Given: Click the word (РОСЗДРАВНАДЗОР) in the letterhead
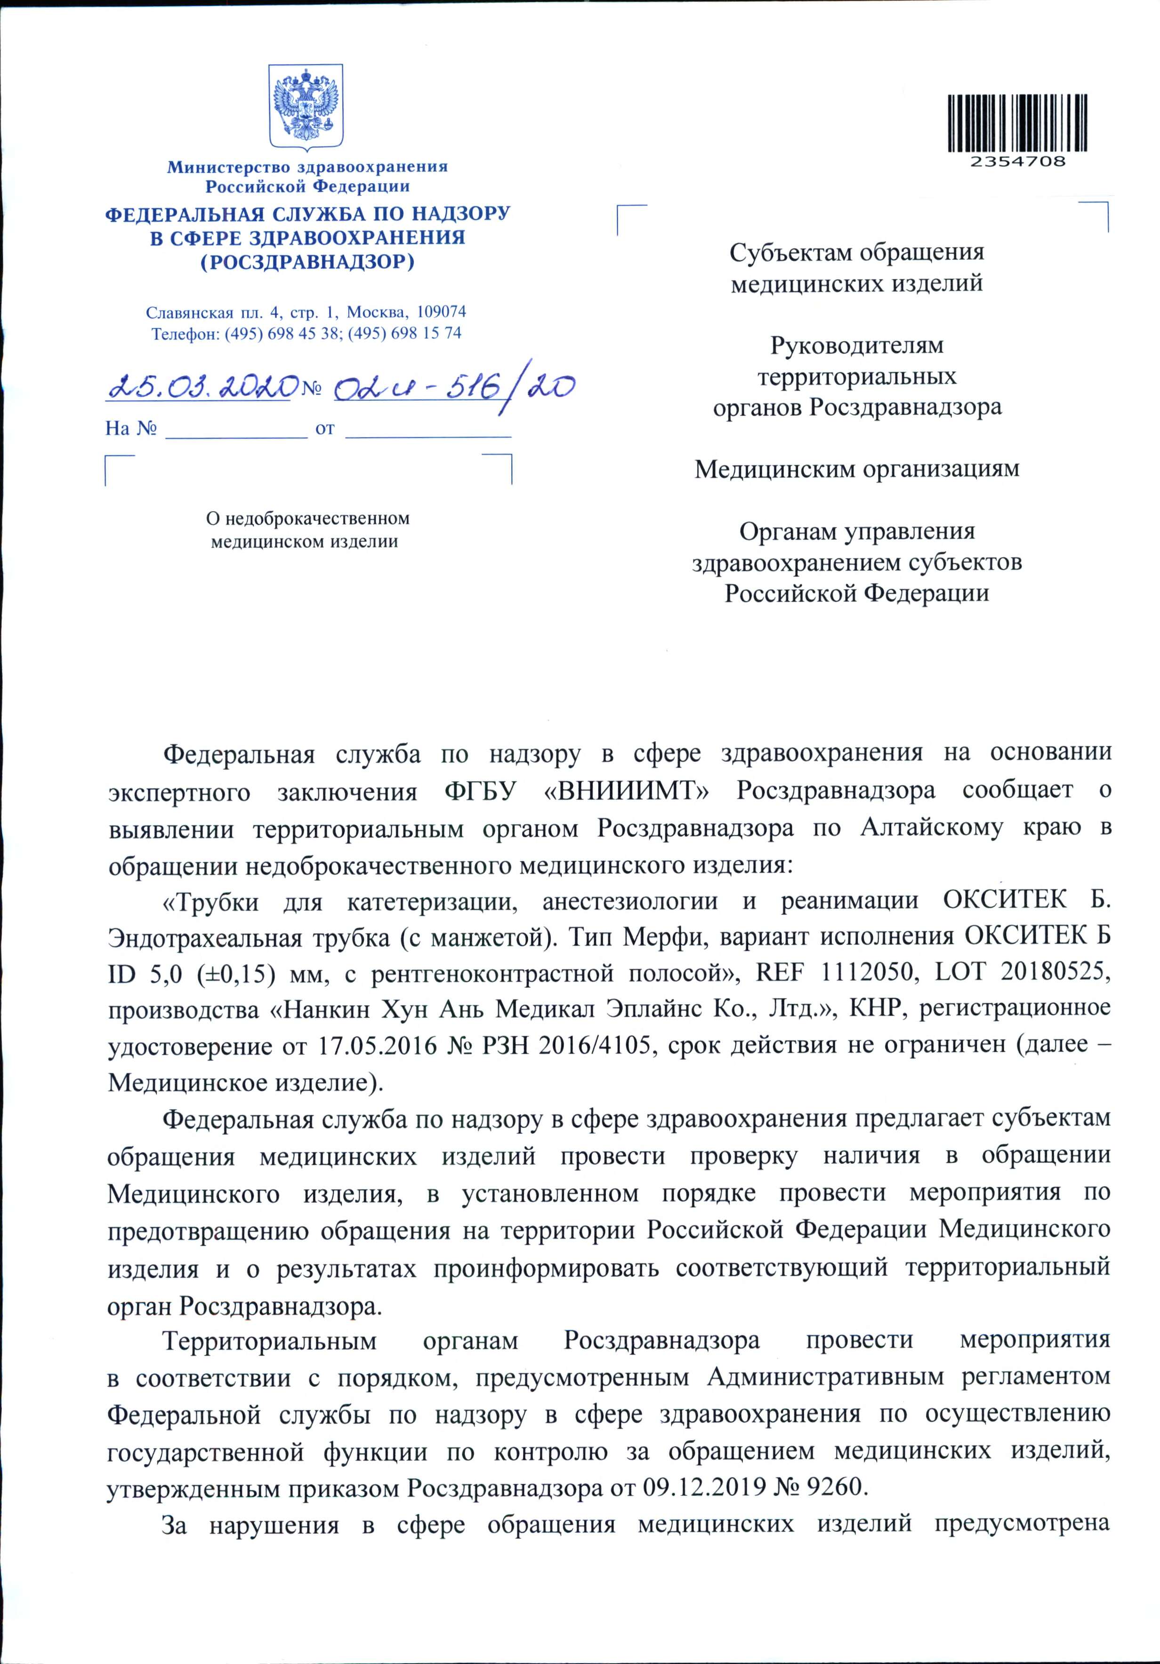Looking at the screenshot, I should tap(307, 262).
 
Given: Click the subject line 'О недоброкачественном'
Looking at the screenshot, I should tap(308, 519).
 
